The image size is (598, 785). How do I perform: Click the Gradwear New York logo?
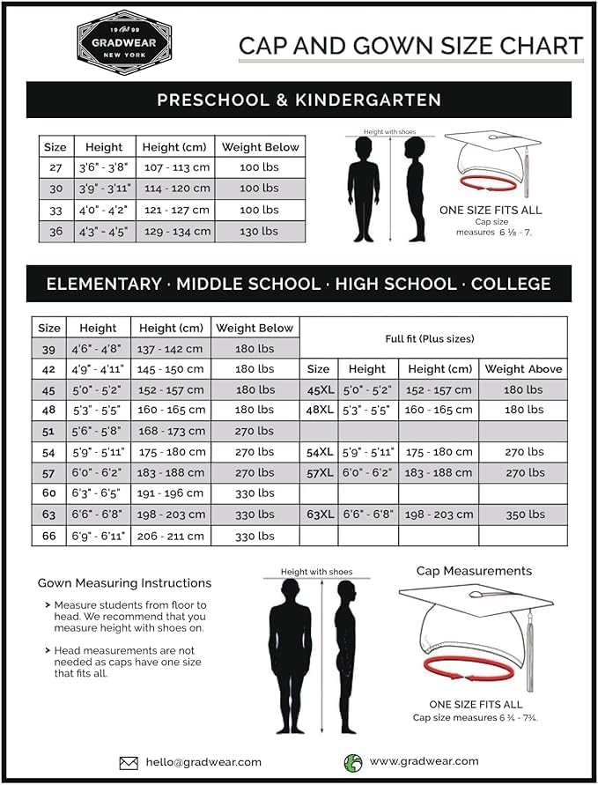(x=124, y=41)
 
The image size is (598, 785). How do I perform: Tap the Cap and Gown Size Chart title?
(x=410, y=46)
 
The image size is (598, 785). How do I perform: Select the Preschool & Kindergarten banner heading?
(x=299, y=100)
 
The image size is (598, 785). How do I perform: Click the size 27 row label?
(x=55, y=167)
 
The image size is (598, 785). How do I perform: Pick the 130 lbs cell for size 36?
(x=259, y=231)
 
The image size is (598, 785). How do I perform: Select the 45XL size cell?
(x=319, y=389)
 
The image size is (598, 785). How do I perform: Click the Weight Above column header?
(x=523, y=369)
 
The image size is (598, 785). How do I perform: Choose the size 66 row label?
(x=48, y=536)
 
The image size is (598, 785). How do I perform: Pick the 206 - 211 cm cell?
(x=170, y=536)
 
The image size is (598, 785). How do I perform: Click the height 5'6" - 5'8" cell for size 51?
(x=97, y=431)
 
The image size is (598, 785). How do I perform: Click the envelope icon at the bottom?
(x=129, y=763)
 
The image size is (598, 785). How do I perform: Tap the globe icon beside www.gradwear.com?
(x=352, y=762)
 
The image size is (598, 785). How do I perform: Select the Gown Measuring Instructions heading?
(x=124, y=583)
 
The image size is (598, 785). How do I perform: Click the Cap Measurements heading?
(x=474, y=571)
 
